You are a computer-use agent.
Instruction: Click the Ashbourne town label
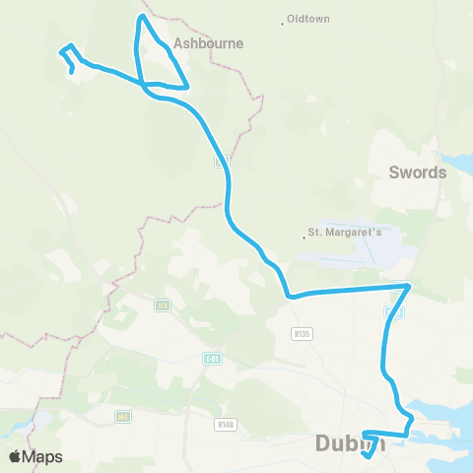point(201,43)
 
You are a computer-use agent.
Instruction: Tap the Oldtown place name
point(306,20)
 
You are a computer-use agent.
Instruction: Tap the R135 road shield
point(302,334)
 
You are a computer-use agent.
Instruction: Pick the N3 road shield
point(162,305)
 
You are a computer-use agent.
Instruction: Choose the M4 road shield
point(122,416)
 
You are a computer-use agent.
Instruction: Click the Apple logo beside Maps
point(15,456)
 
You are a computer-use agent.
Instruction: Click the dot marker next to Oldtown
point(283,21)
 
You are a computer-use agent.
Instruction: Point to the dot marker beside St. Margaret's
point(304,235)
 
